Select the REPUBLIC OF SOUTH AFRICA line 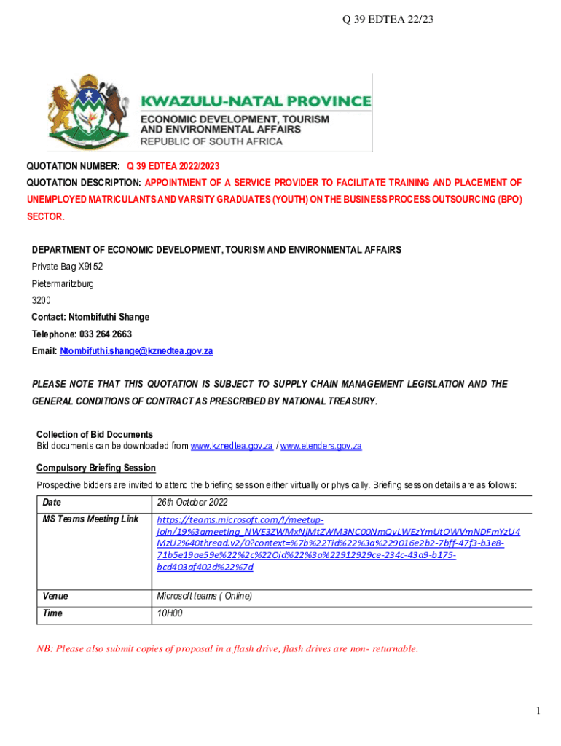211,141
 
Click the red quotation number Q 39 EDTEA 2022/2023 177,167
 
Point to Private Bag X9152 67,267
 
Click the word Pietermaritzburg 63,283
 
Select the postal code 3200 42,300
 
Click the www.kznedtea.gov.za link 232,446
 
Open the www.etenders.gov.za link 321,446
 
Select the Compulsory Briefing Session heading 96,468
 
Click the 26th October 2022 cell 192,503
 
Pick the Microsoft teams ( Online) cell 205,597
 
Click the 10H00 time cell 170,614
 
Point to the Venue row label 55,597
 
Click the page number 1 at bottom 537,711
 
